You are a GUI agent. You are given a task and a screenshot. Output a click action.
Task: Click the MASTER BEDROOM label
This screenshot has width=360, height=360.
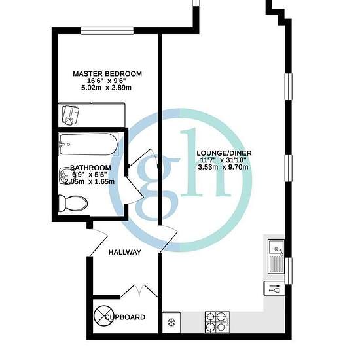107,74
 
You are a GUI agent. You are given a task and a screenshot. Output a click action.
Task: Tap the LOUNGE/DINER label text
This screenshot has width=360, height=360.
224,153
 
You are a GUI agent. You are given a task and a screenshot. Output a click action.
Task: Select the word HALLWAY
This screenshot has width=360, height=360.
124,252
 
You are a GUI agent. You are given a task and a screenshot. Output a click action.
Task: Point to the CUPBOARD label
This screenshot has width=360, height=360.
125,317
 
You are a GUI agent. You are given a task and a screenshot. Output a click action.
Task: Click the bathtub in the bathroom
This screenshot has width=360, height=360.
88,145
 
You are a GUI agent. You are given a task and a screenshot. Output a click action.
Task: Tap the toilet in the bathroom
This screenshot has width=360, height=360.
73,204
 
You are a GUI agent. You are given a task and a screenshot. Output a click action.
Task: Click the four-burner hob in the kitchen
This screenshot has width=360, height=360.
217,322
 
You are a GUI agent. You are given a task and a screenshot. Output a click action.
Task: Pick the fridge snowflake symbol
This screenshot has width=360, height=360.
171,322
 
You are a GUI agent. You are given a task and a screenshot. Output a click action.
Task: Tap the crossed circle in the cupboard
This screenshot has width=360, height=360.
103,315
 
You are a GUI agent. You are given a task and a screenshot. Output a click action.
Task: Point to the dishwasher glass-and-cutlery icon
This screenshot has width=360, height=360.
274,289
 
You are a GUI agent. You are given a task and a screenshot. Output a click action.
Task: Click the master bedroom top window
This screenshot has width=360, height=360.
107,31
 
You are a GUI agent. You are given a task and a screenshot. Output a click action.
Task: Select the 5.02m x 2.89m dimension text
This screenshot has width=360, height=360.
106,88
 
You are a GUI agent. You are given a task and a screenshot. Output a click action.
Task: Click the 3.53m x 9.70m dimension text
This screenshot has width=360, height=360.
223,167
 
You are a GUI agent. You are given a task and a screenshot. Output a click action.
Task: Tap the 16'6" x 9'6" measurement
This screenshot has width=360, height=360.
106,81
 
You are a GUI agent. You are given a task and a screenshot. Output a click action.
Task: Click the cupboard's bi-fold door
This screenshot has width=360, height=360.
139,291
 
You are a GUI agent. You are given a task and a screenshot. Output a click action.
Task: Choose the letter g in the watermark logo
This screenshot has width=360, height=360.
158,187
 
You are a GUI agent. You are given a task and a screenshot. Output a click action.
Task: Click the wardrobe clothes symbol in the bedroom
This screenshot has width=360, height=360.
71,115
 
